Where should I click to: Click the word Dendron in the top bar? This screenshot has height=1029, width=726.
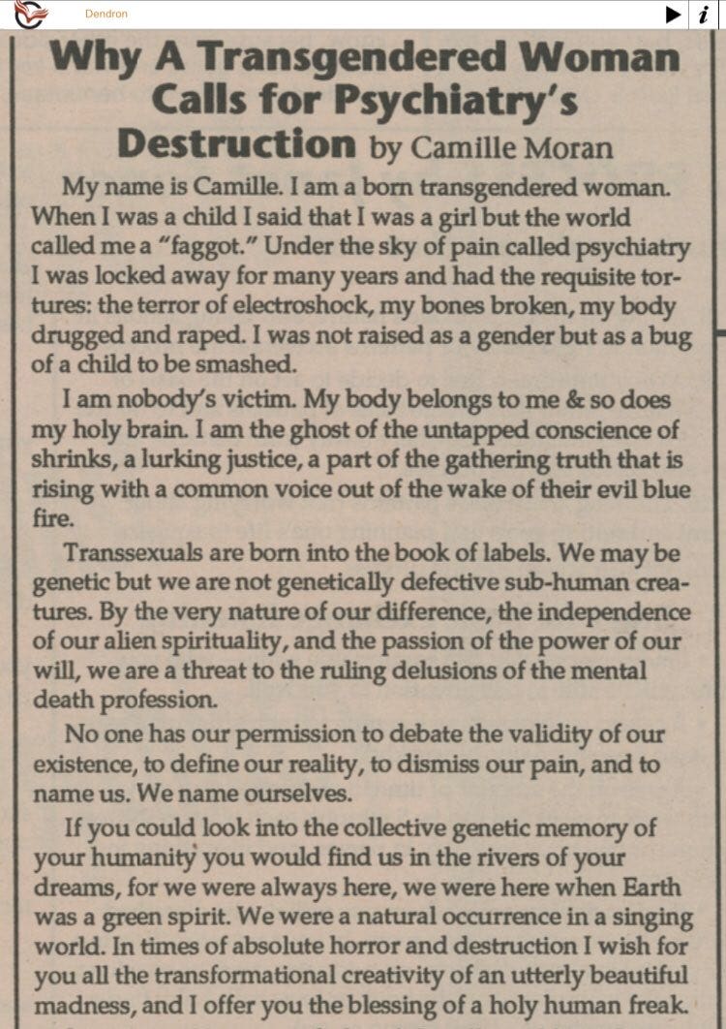point(106,14)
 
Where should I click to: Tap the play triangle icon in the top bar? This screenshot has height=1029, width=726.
point(673,14)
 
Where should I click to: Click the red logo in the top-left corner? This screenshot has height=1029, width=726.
point(29,14)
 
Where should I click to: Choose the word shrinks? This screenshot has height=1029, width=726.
point(72,459)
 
